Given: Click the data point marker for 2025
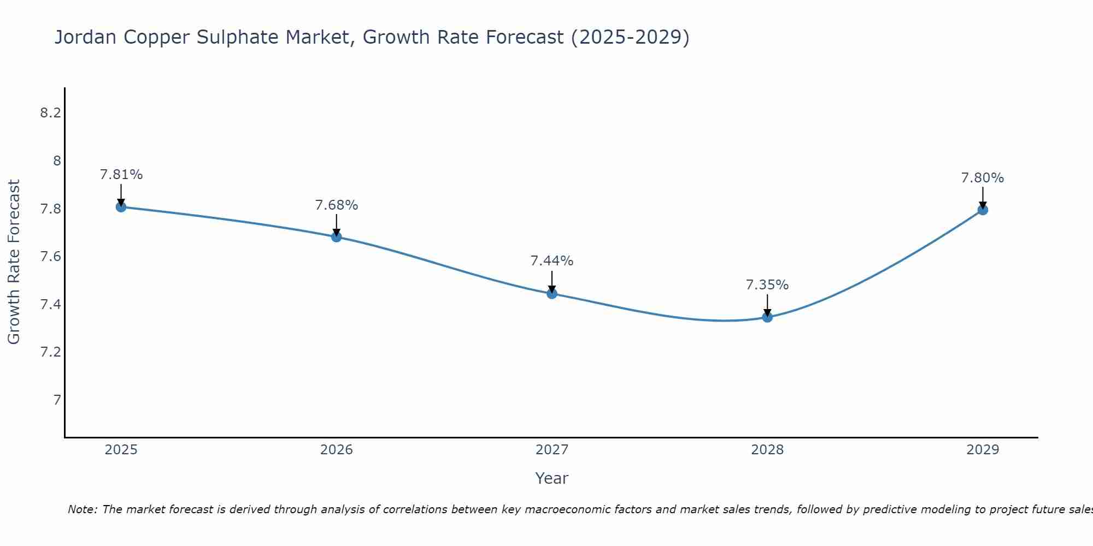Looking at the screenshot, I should coord(121,207).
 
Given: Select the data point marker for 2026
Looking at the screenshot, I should coord(336,237).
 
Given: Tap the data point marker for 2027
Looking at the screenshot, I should coord(552,294).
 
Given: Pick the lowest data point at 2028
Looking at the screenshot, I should coord(767,317).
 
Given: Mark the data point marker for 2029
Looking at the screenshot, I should coord(983,210).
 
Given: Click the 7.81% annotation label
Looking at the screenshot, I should coord(121,175).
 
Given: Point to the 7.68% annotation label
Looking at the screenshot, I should coord(336,205).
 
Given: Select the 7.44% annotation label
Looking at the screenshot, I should coord(552,261).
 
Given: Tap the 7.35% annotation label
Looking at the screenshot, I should coord(767,285).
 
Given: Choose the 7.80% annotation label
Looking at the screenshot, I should coord(983,178).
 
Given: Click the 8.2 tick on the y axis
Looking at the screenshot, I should coord(50,113).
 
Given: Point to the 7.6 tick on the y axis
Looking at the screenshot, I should coord(50,257).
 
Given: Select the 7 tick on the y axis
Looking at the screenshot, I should coord(57,400).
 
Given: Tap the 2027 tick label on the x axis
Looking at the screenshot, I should coord(552,450).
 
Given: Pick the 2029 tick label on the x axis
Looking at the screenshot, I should coord(983,450).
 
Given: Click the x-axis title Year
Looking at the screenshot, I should coord(552,478).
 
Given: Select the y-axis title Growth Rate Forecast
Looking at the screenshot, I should coord(14,262).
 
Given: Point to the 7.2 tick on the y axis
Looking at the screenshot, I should coord(50,352).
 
